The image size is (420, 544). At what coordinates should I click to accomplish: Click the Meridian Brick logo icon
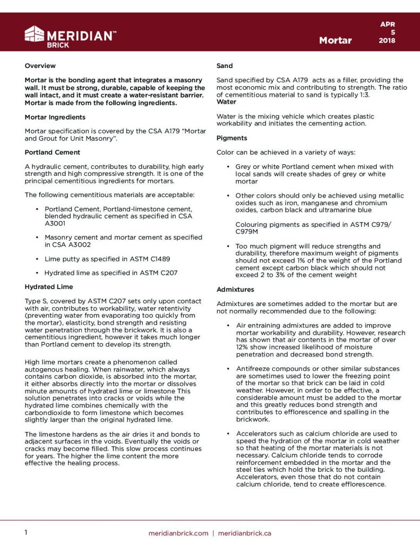point(35,35)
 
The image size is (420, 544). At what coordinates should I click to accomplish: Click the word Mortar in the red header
point(335,40)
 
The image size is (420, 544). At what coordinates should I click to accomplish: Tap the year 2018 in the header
point(387,40)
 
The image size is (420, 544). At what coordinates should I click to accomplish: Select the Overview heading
point(40,66)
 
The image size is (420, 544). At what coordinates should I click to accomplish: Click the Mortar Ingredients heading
point(55,117)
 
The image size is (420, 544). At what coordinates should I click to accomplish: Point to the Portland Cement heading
point(52,152)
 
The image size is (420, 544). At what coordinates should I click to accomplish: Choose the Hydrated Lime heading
point(49,287)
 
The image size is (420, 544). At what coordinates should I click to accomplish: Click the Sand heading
point(225,66)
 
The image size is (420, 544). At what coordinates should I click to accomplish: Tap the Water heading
point(227,101)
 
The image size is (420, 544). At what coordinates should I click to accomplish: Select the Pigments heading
point(232,138)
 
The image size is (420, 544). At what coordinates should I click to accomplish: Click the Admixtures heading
point(236,290)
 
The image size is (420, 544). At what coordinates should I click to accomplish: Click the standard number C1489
point(158,259)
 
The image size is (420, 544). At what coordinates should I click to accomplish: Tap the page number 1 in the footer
point(26,532)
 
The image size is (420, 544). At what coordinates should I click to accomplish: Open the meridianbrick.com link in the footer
point(178,533)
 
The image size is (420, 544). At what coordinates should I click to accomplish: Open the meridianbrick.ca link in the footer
point(245,533)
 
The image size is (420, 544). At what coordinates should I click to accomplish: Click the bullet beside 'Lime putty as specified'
point(37,259)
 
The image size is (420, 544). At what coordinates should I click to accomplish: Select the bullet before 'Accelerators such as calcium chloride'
point(228,433)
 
